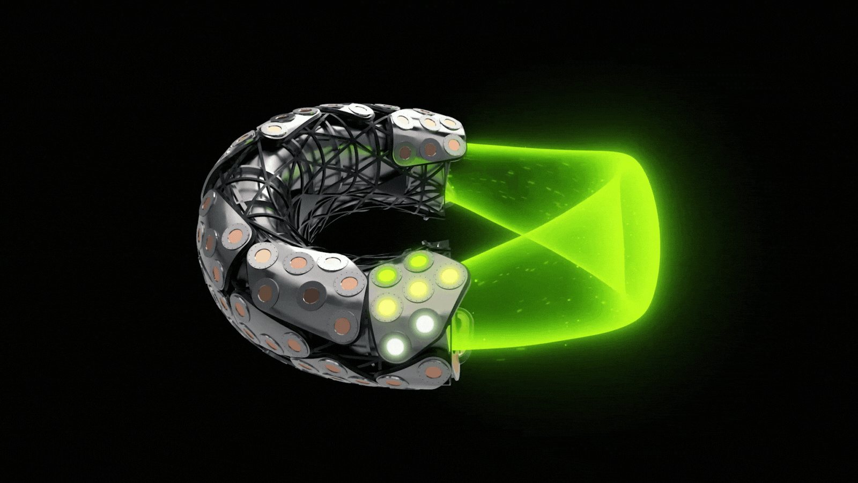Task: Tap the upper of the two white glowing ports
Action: coord(425,323)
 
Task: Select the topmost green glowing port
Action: coord(417,262)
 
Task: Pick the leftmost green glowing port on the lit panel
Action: coord(386,278)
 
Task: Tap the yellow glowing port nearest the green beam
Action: coord(448,276)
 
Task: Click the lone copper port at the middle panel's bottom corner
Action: coord(342,325)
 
